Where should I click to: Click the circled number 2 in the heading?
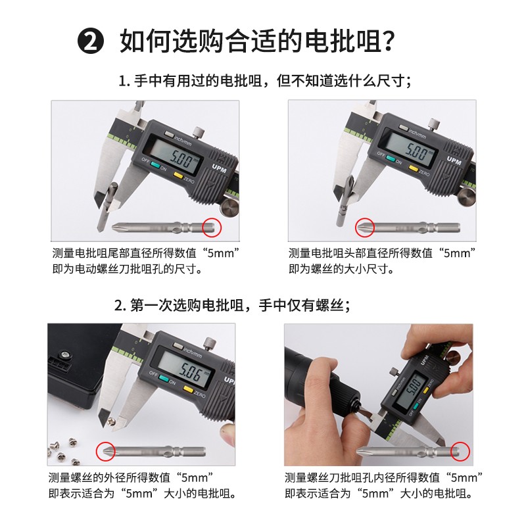tap(91, 42)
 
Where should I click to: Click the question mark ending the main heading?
tap(389, 42)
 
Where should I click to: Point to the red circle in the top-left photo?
tap(212, 227)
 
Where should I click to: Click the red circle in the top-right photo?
tap(364, 227)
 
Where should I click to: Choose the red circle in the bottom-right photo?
tap(461, 451)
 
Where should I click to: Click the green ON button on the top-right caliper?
tap(392, 158)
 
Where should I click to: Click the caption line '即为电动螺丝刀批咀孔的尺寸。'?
tap(127, 269)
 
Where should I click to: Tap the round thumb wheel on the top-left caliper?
tap(229, 209)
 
